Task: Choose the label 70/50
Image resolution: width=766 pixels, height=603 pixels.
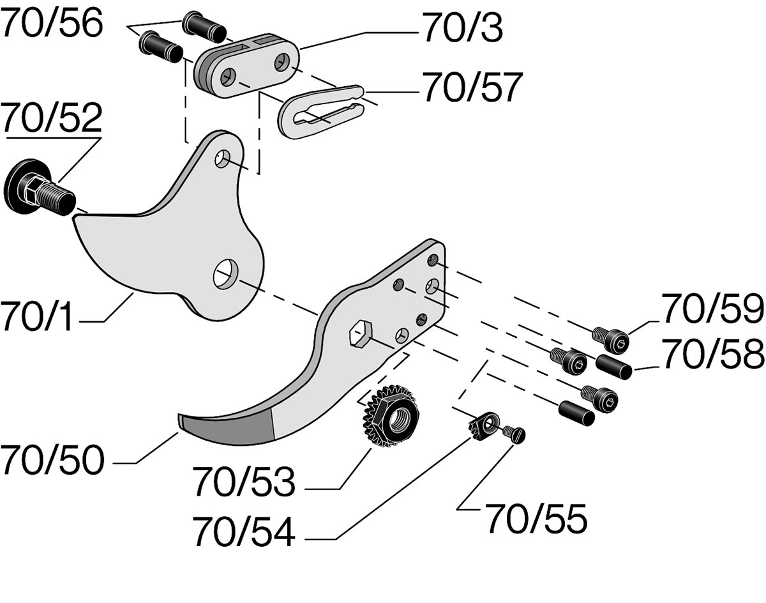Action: (51, 460)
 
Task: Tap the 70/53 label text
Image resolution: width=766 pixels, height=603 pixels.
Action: (244, 482)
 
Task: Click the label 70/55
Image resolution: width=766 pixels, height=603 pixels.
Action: (536, 519)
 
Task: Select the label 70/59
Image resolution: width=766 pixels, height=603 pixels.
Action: (712, 310)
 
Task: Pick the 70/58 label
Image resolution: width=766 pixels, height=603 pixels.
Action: (712, 355)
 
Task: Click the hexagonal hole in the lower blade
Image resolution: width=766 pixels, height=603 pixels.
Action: (359, 334)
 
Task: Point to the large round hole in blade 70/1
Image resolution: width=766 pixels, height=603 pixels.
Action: (225, 275)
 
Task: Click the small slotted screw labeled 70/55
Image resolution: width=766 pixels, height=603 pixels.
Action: (513, 434)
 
